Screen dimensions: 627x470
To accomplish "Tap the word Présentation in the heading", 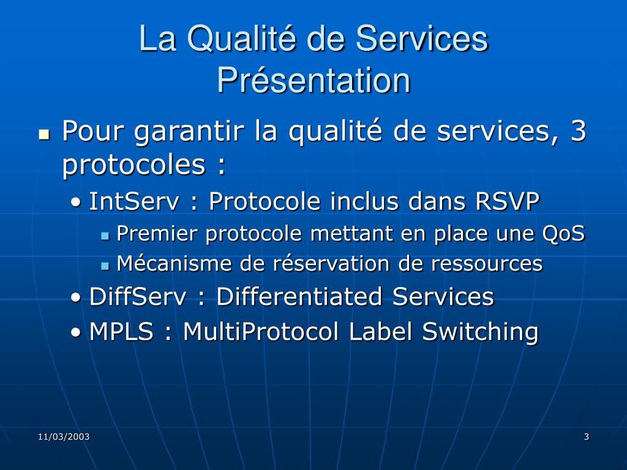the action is [x=314, y=80].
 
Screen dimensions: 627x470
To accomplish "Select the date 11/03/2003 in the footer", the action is [x=64, y=436].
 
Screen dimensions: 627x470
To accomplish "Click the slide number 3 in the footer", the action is [x=587, y=436].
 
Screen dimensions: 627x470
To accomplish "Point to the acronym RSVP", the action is [x=508, y=201].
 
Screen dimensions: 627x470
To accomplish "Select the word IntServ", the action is [x=134, y=201].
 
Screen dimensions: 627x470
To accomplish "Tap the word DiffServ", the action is [x=138, y=297].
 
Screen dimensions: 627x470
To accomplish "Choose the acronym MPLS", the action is [x=122, y=331].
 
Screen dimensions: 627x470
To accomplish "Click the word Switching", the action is [x=480, y=332].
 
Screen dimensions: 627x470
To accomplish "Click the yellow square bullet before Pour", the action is [x=44, y=134].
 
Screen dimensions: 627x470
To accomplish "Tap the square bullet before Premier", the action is [x=105, y=236].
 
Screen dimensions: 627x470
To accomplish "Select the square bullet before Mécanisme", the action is [x=105, y=266].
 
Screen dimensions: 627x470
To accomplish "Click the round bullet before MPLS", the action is [x=75, y=332].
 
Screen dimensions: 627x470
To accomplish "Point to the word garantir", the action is [x=189, y=132].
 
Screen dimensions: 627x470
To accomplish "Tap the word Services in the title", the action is [x=421, y=39].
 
